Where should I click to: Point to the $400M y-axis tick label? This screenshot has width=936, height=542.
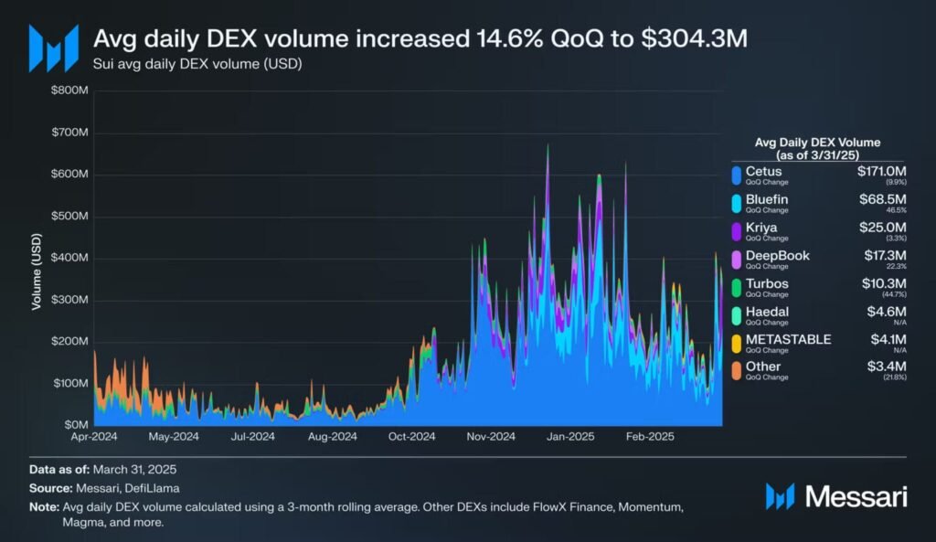[x=70, y=258]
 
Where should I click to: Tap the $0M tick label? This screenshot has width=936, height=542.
[x=76, y=425]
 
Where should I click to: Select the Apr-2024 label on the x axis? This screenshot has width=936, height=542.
[x=95, y=437]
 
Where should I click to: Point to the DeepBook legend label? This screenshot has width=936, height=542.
[x=778, y=255]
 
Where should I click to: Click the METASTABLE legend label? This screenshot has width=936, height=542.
[x=788, y=339]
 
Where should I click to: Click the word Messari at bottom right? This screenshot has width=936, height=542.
[x=856, y=497]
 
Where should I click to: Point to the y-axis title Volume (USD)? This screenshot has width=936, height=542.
[x=37, y=271]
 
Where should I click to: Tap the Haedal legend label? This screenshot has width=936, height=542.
[x=767, y=311]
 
